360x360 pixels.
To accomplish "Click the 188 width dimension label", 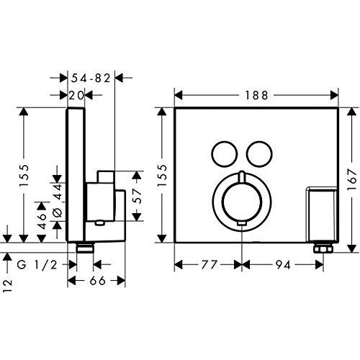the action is [x=256, y=96].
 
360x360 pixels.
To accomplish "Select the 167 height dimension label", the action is [x=352, y=179].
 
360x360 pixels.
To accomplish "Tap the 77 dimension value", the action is [x=209, y=265].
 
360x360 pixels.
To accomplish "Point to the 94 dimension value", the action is [x=283, y=265].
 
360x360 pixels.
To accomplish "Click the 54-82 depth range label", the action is [x=91, y=78].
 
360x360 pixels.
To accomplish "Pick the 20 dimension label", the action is [x=76, y=96].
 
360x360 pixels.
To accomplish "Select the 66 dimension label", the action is [x=97, y=281].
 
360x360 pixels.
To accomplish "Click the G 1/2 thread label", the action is [x=37, y=265].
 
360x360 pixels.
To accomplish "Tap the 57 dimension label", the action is [x=137, y=196].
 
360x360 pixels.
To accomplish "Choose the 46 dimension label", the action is [x=41, y=221].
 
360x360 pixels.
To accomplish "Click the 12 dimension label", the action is [x=8, y=286].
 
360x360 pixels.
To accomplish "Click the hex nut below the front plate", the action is [x=323, y=248].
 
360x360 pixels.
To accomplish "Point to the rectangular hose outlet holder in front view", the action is [x=321, y=213].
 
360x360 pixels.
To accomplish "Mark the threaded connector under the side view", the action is [x=85, y=248].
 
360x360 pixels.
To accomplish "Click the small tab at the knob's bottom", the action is [x=242, y=224].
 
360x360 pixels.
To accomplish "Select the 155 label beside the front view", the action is [x=163, y=175].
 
